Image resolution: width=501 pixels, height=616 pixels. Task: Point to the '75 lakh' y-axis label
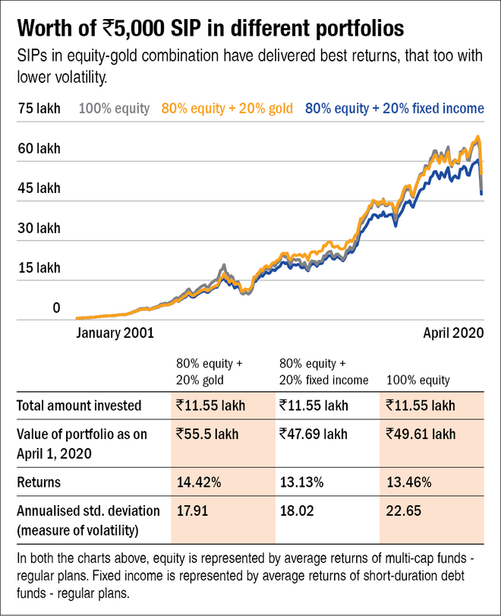click(38, 109)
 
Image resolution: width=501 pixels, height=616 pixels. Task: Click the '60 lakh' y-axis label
click(38, 148)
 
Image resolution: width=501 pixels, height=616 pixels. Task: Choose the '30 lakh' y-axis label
click(38, 228)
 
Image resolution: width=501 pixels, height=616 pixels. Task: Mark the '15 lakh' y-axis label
click(38, 267)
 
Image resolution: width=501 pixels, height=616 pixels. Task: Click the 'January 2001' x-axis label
click(115, 332)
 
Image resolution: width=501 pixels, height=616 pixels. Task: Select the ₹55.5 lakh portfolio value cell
click(207, 434)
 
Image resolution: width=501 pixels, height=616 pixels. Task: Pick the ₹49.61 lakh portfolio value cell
click(421, 434)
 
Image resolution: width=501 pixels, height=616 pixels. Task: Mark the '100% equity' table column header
click(419, 379)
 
